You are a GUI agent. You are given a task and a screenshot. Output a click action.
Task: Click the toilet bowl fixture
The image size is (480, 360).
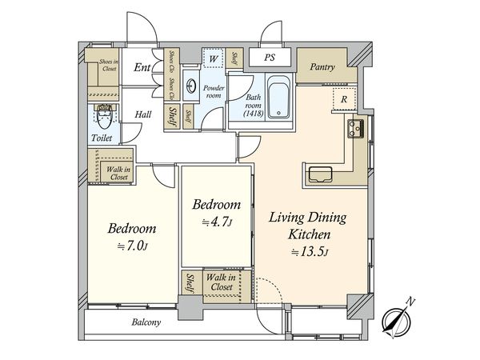tap(104, 116)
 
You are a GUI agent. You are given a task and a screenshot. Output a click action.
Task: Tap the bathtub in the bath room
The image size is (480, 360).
tap(278, 97)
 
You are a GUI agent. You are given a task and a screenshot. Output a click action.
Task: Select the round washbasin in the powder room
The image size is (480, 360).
tap(191, 86)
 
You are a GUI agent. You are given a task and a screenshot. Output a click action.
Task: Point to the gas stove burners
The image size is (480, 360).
tap(355, 129)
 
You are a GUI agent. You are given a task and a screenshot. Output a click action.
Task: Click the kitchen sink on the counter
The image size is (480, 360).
tap(320, 174)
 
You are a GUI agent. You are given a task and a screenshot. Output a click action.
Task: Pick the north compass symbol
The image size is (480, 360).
tap(398, 319)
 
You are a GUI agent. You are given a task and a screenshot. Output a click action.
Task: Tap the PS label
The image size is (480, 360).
tap(270, 58)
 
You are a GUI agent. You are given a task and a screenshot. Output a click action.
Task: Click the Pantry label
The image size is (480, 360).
tap(322, 67)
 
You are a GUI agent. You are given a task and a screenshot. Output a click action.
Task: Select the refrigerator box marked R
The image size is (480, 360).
tap(344, 99)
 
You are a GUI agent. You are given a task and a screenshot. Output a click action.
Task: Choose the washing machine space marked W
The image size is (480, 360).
tap(213, 58)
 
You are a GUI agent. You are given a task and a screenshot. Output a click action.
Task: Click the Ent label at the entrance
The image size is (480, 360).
tap(142, 67)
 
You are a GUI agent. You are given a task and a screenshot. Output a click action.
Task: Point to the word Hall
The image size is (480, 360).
tap(143, 114)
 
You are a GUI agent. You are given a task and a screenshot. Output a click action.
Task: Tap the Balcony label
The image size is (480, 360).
tap(146, 322)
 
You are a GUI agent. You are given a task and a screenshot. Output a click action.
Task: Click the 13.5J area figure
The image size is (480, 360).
tap(310, 252)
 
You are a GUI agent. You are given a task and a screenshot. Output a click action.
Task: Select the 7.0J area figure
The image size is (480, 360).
tap(133, 246)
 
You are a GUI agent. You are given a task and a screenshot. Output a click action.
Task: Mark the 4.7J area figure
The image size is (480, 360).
tap(217, 222)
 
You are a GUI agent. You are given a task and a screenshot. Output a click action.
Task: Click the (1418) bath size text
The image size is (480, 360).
tap(254, 114)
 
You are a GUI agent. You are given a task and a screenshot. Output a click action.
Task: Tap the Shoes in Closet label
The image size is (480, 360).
tap(110, 65)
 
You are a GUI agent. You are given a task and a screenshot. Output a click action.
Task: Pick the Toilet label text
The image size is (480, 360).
tap(102, 138)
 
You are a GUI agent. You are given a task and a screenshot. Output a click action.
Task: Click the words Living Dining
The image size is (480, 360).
tap(308, 218)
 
